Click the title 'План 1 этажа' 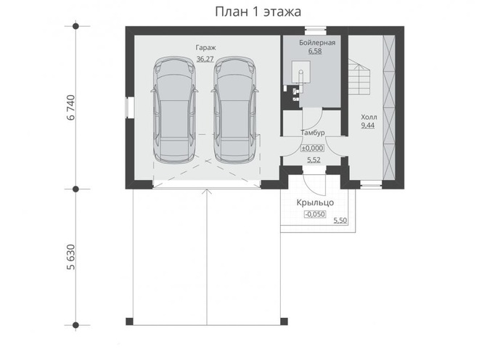pos(258,12)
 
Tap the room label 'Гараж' pos(205,48)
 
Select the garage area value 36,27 pos(205,59)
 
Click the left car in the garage pos(174,109)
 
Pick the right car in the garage pos(234,109)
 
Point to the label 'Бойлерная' pos(317,43)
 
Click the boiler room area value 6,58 pos(315,51)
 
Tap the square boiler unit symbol pos(301,72)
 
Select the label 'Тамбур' pos(313,133)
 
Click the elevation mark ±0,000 pos(313,148)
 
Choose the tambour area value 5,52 pos(314,160)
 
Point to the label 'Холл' pos(369,117)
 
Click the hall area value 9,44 pos(368,126)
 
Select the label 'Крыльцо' pos(315,202)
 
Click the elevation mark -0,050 pos(315,214)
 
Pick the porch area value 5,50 pos(340,221)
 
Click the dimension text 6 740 pos(70,107)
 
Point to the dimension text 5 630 pos(70,257)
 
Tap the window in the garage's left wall pos(130,107)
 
